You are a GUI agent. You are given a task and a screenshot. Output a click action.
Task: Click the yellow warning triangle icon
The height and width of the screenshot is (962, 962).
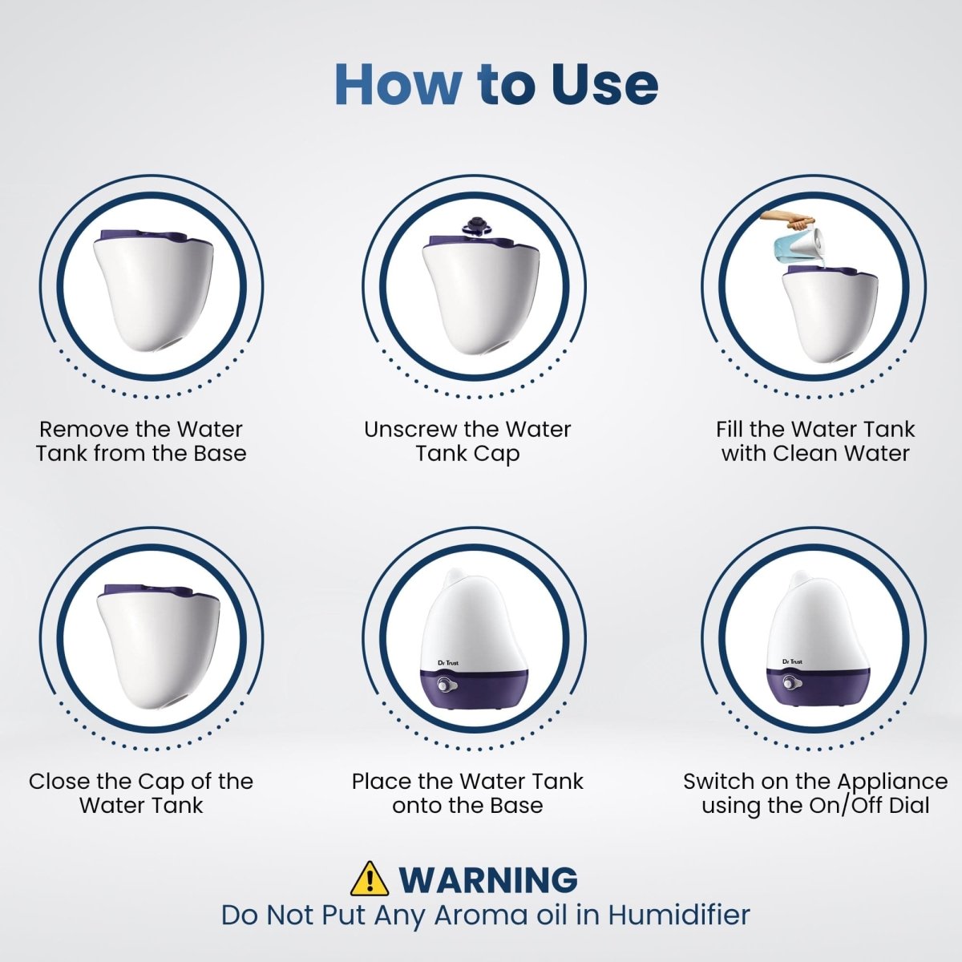[370, 879]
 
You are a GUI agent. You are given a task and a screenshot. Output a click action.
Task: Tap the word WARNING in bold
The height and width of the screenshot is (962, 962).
[488, 879]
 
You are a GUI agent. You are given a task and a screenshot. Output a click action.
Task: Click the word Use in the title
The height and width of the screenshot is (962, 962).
[604, 83]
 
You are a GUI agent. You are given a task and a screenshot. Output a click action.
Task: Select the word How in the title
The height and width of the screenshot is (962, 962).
[398, 83]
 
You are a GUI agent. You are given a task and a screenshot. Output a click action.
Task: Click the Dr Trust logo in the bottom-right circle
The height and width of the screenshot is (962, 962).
[792, 661]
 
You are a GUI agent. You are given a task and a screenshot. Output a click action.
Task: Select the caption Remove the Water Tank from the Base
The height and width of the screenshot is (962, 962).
[141, 442]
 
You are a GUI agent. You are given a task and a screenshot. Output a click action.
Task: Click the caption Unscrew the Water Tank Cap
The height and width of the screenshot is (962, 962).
[467, 442]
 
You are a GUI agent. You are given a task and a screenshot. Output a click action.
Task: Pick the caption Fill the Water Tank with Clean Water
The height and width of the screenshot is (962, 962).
[815, 442]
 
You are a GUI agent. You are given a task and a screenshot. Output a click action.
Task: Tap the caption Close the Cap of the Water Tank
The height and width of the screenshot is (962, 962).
[141, 793]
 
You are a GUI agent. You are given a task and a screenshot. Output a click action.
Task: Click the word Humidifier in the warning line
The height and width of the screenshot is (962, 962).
[678, 915]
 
